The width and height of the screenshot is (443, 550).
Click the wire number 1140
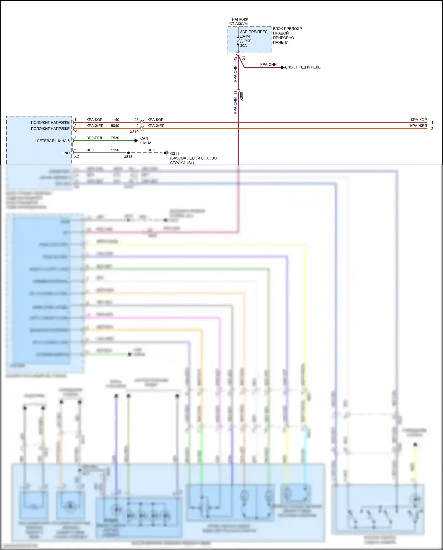tap(115, 120)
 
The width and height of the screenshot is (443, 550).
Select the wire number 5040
tap(115, 126)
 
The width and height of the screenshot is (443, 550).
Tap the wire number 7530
tap(115, 138)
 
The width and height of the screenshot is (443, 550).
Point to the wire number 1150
tap(115, 150)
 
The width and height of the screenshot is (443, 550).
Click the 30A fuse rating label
tap(243, 46)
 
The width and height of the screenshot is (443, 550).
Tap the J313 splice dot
tap(128, 153)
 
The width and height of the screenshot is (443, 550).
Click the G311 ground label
tap(174, 154)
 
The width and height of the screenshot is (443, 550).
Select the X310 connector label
tap(134, 132)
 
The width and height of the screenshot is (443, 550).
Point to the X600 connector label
tap(241, 96)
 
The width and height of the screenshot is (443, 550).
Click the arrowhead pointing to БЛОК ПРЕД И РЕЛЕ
tap(283, 67)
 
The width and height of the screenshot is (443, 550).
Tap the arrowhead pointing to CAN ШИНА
tap(136, 141)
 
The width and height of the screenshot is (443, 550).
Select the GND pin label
tap(66, 153)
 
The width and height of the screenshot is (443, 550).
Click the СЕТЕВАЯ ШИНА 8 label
tap(53, 141)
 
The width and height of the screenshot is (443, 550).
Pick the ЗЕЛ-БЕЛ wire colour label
tap(94, 138)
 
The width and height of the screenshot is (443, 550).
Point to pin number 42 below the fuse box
tap(236, 59)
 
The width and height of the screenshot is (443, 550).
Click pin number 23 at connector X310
tap(136, 120)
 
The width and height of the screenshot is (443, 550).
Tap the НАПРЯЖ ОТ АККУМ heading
tap(239, 22)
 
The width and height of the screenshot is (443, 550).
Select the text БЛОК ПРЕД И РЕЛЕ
tap(303, 67)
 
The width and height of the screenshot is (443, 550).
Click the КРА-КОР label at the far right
tap(418, 120)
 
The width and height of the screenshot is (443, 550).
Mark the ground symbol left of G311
tap(166, 153)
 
